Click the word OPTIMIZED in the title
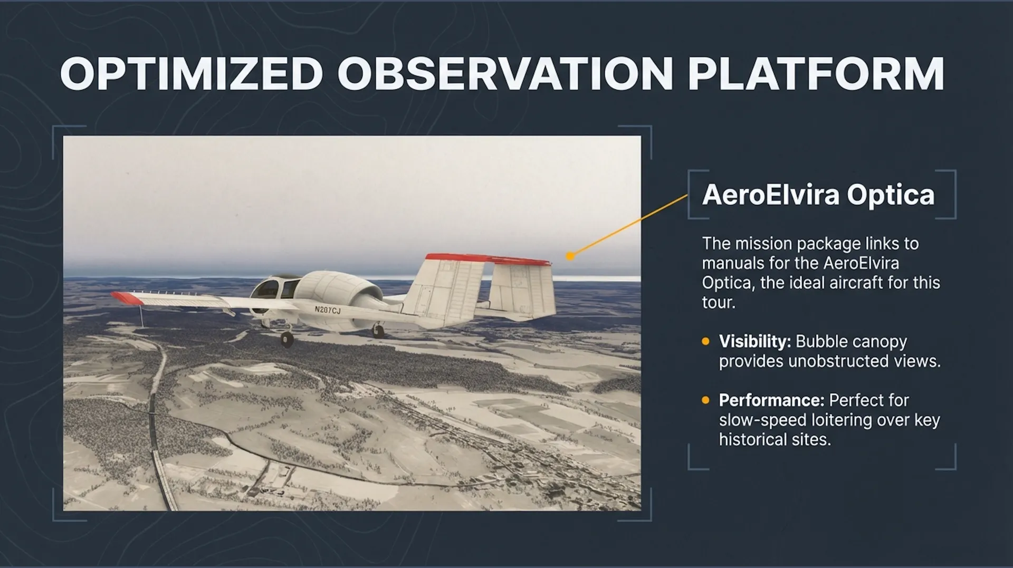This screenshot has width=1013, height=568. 192,73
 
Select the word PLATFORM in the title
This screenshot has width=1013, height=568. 816,73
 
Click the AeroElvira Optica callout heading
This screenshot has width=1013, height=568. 818,195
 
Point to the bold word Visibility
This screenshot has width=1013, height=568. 754,341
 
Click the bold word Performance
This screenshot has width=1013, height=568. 771,400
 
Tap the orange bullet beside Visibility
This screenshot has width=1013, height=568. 706,341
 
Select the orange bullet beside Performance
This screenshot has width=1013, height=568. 706,400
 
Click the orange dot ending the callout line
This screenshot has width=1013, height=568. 570,256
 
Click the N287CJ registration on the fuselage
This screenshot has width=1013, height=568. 327,310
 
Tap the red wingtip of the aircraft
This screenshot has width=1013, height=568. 127,298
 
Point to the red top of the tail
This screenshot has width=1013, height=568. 488,258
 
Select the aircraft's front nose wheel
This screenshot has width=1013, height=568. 286,339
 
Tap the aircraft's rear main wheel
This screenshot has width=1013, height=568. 378,331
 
